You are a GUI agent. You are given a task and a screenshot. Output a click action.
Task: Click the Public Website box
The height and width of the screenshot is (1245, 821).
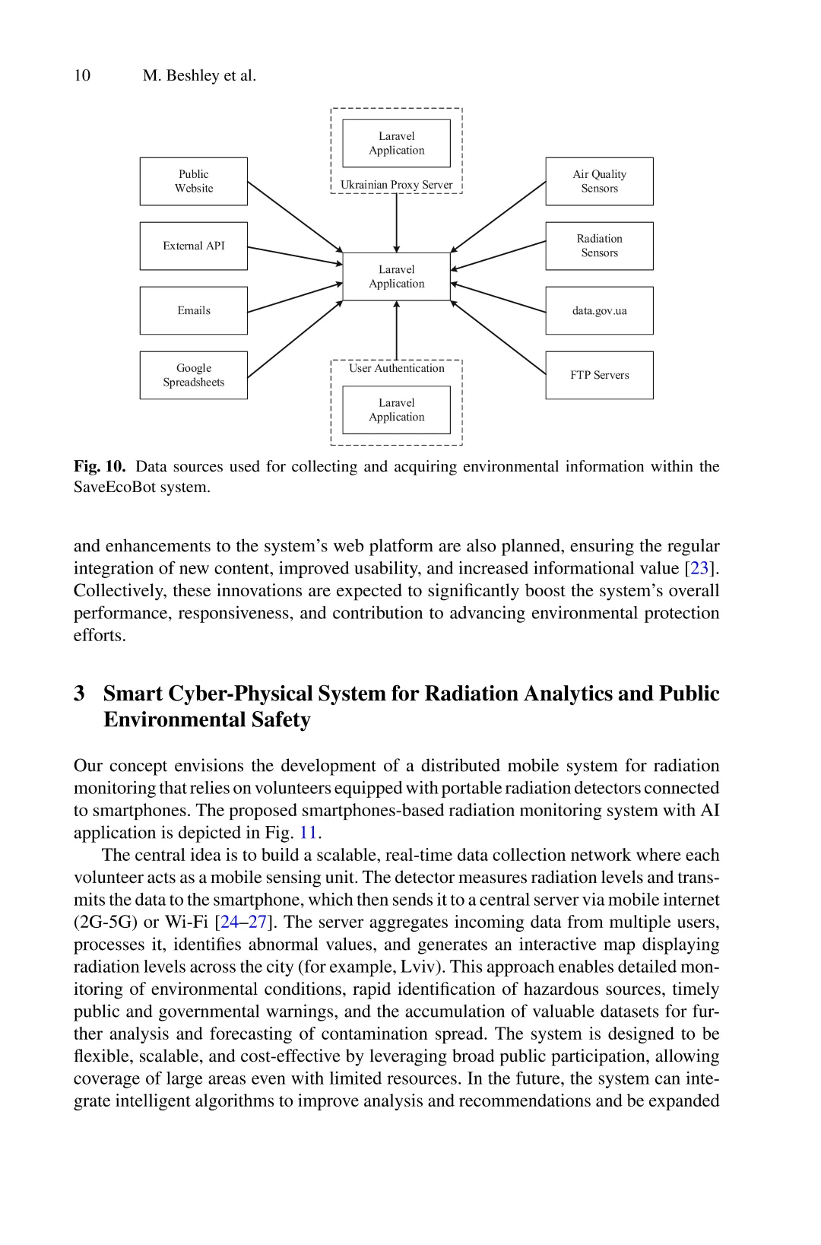tap(193, 181)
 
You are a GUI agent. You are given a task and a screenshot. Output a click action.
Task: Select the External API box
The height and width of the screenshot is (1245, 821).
tap(193, 246)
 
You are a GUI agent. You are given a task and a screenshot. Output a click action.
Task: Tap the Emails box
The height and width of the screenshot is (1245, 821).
tap(193, 310)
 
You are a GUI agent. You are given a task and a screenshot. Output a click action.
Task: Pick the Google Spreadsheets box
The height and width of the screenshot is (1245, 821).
tap(193, 375)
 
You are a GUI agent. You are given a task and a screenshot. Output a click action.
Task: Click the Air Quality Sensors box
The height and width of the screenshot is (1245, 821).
tap(599, 181)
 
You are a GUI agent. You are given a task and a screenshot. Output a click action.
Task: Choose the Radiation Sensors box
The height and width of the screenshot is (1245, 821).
tap(599, 246)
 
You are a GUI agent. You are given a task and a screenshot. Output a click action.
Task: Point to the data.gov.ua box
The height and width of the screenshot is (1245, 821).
tap(599, 310)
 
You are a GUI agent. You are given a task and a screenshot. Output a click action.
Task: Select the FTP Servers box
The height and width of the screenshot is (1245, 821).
tap(599, 375)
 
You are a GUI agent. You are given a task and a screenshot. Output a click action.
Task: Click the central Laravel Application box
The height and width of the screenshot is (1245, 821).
tap(396, 277)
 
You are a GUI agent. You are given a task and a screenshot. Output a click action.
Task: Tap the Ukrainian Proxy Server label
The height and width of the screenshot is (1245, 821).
tap(396, 185)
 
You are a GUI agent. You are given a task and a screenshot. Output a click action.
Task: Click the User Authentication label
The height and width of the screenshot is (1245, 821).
tap(396, 368)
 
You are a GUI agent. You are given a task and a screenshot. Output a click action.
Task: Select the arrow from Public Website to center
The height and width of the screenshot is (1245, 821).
tap(295, 217)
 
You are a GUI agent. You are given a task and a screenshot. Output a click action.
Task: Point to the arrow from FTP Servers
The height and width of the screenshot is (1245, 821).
tap(498, 338)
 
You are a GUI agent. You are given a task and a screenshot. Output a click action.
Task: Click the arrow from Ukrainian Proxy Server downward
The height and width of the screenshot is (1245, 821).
tap(396, 223)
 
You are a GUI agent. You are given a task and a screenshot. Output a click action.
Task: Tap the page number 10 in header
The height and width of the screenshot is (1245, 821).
tap(82, 75)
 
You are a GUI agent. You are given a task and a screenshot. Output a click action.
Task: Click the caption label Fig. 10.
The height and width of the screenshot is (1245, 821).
tap(100, 466)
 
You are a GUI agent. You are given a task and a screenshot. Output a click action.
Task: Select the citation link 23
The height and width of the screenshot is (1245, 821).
tap(699, 568)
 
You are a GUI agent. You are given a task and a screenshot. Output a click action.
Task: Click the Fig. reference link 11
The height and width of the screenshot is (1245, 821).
tap(308, 833)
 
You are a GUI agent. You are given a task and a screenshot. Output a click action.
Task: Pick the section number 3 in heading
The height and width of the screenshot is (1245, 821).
tap(79, 694)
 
